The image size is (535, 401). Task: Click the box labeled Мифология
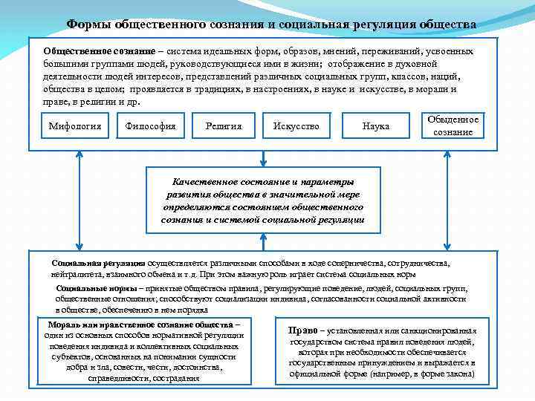pos(74,126)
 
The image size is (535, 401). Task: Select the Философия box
pos(151,126)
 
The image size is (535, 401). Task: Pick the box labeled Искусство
pos(296,126)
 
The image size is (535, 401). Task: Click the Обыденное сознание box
pos(453,125)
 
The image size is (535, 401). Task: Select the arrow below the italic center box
pos(263,241)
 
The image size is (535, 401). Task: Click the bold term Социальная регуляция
pos(98,263)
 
